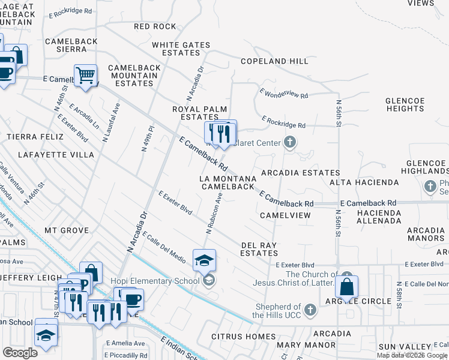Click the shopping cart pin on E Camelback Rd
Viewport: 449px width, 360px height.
85,76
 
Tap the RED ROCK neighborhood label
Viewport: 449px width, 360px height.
155,26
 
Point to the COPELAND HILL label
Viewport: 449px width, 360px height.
274,61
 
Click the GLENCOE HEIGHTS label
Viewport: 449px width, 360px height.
405,104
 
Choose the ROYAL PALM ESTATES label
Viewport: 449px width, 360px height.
195,113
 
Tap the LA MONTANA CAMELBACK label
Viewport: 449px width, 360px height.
228,182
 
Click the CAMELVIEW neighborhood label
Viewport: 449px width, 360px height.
285,215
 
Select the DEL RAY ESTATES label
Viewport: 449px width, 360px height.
259,249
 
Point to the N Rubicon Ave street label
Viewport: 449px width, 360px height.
214,213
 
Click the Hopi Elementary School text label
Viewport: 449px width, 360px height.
155,281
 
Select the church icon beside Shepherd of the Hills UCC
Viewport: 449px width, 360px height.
310,310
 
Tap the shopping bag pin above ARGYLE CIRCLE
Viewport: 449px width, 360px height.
346,288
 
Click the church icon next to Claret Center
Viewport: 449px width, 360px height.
290,143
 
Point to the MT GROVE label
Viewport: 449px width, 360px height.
66,230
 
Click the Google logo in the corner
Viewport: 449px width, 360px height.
20,352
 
